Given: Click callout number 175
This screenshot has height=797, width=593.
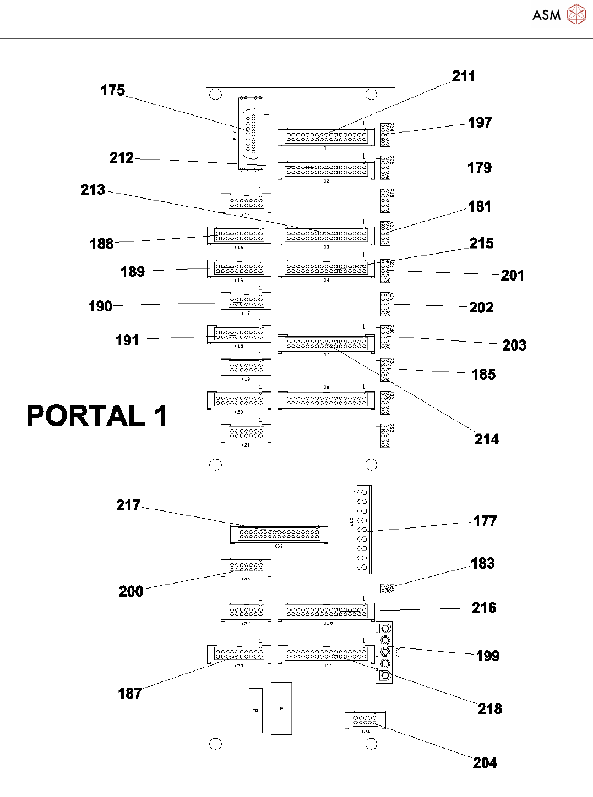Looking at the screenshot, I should tap(113, 90).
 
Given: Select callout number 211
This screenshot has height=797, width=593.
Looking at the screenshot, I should tap(464, 76).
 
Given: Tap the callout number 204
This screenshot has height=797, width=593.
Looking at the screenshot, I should tap(485, 763).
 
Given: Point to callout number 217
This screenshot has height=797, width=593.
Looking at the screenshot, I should tap(128, 505).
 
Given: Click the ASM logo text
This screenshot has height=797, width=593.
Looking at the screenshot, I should tap(546, 15).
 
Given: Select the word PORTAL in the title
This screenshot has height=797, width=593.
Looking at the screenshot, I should tap(86, 416).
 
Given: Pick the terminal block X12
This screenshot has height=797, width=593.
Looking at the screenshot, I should tap(363, 529).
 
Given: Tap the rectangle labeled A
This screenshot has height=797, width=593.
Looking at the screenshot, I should tap(281, 708).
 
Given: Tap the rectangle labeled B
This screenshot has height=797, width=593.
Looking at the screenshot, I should tap(255, 710).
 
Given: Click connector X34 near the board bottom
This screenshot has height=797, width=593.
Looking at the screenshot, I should tap(365, 719).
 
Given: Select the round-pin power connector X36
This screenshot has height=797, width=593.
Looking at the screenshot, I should tap(385, 652).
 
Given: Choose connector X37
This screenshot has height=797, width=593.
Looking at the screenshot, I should tap(279, 534).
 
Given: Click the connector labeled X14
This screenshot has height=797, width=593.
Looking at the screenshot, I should tap(246, 203).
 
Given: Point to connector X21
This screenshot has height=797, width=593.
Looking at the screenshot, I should tap(246, 433).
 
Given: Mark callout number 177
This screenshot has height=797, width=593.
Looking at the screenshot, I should tap(485, 521).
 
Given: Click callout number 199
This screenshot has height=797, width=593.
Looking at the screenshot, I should tap(488, 656).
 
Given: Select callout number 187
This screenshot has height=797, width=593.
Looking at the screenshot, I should tap(130, 694).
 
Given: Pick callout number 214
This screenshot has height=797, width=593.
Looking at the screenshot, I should tap(487, 439).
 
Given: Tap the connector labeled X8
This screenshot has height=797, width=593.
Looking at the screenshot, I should tap(327, 400).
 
